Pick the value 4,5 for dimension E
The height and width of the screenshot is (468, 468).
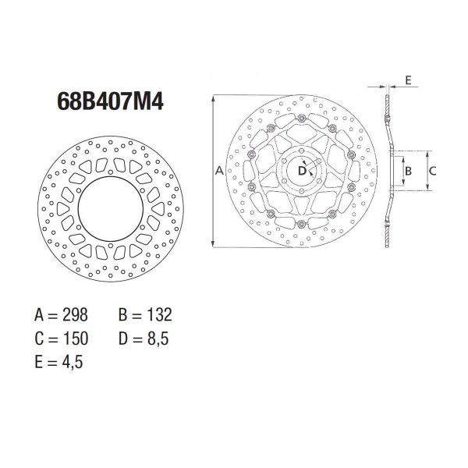71,362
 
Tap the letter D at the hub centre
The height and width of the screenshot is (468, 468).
302,170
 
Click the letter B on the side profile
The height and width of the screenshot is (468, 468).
407,170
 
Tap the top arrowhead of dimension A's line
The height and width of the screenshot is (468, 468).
212,98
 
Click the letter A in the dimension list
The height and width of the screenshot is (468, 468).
39,315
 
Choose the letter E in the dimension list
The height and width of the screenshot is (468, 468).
39,362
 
